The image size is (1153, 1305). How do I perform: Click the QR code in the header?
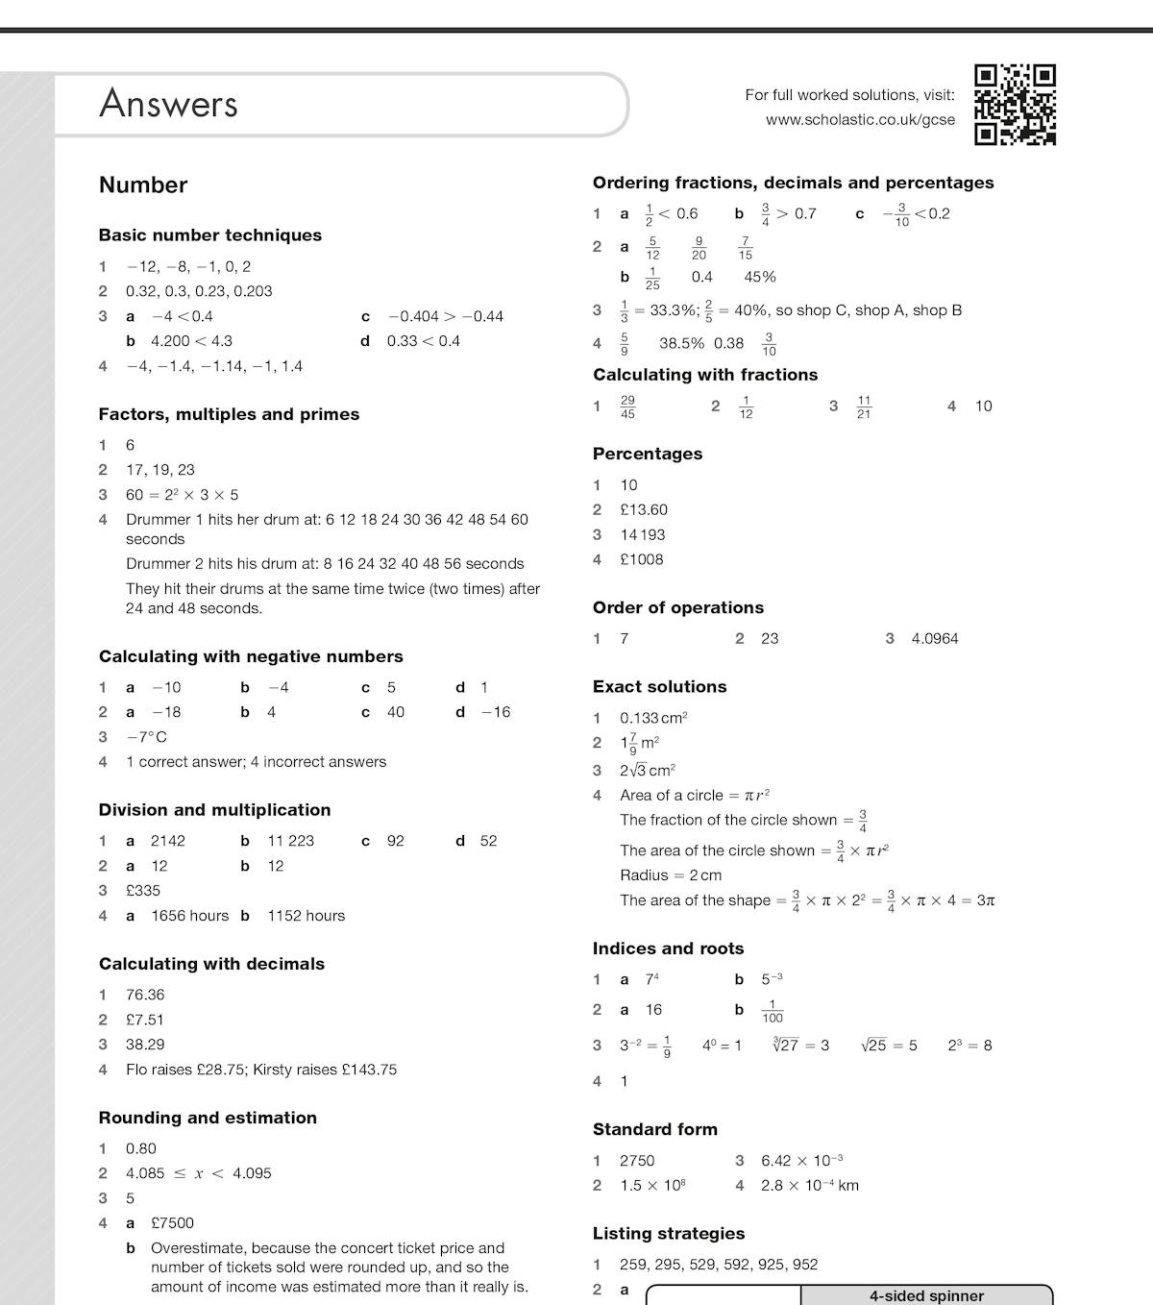(x=1015, y=105)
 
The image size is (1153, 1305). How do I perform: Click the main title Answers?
(x=168, y=104)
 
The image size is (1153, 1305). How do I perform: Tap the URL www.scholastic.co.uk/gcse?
(x=860, y=120)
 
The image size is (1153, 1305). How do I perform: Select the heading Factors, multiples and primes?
(x=229, y=414)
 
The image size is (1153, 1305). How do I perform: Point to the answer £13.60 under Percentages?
(x=644, y=509)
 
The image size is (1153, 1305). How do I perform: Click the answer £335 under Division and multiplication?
(x=143, y=890)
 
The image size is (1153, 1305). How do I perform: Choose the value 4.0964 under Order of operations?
(x=935, y=638)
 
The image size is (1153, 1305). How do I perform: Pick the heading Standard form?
(x=654, y=1129)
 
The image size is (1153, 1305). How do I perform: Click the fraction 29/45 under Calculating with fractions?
(x=627, y=406)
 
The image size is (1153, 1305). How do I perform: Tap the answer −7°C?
(x=146, y=737)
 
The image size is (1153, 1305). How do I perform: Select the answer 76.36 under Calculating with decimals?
(x=145, y=995)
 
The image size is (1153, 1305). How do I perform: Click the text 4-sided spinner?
(x=926, y=1296)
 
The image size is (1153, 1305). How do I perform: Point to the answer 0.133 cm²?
(x=653, y=718)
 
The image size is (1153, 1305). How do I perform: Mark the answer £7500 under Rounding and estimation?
(x=172, y=1222)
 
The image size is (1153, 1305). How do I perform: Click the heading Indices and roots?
(x=668, y=948)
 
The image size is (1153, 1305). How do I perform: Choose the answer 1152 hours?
(x=306, y=915)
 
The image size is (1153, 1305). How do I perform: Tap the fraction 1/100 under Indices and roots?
(x=773, y=1011)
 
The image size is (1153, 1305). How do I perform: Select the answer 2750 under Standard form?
(x=637, y=1160)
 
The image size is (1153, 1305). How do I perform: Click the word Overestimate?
(x=198, y=1247)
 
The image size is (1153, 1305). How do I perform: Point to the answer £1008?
(x=642, y=559)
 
